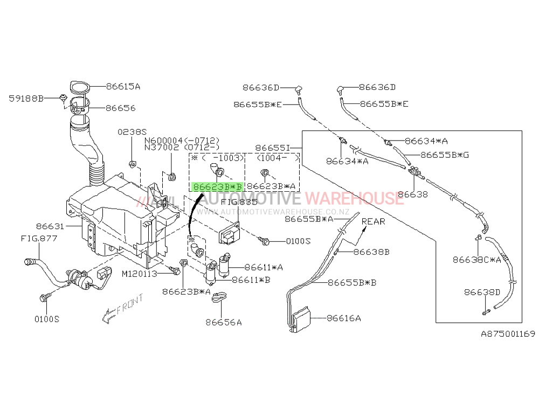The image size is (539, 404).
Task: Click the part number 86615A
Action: tap(123, 86)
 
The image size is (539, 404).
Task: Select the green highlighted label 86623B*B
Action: tap(218, 186)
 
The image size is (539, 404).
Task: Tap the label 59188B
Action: tap(26, 99)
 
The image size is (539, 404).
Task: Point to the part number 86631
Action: tap(50, 226)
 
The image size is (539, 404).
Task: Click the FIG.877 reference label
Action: tap(39, 238)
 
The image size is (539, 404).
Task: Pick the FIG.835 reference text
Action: tap(239, 202)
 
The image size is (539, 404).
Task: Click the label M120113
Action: tap(139, 274)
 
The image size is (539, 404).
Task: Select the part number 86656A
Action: tap(224, 322)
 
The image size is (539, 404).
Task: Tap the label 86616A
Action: tap(344, 318)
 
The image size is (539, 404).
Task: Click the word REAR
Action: tap(374, 221)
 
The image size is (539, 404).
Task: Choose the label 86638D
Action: tap(482, 292)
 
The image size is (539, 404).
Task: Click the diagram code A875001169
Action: tap(508, 333)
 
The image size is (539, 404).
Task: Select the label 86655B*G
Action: tap(445, 155)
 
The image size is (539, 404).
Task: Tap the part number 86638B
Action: tap(371, 252)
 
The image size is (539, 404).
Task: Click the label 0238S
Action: tap(132, 132)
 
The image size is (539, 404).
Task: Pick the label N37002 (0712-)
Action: tap(182, 148)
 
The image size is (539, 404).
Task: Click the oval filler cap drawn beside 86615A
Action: tap(80, 87)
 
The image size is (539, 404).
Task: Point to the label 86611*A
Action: tap(264, 267)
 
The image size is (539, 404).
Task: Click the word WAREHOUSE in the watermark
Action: tap(355, 198)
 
